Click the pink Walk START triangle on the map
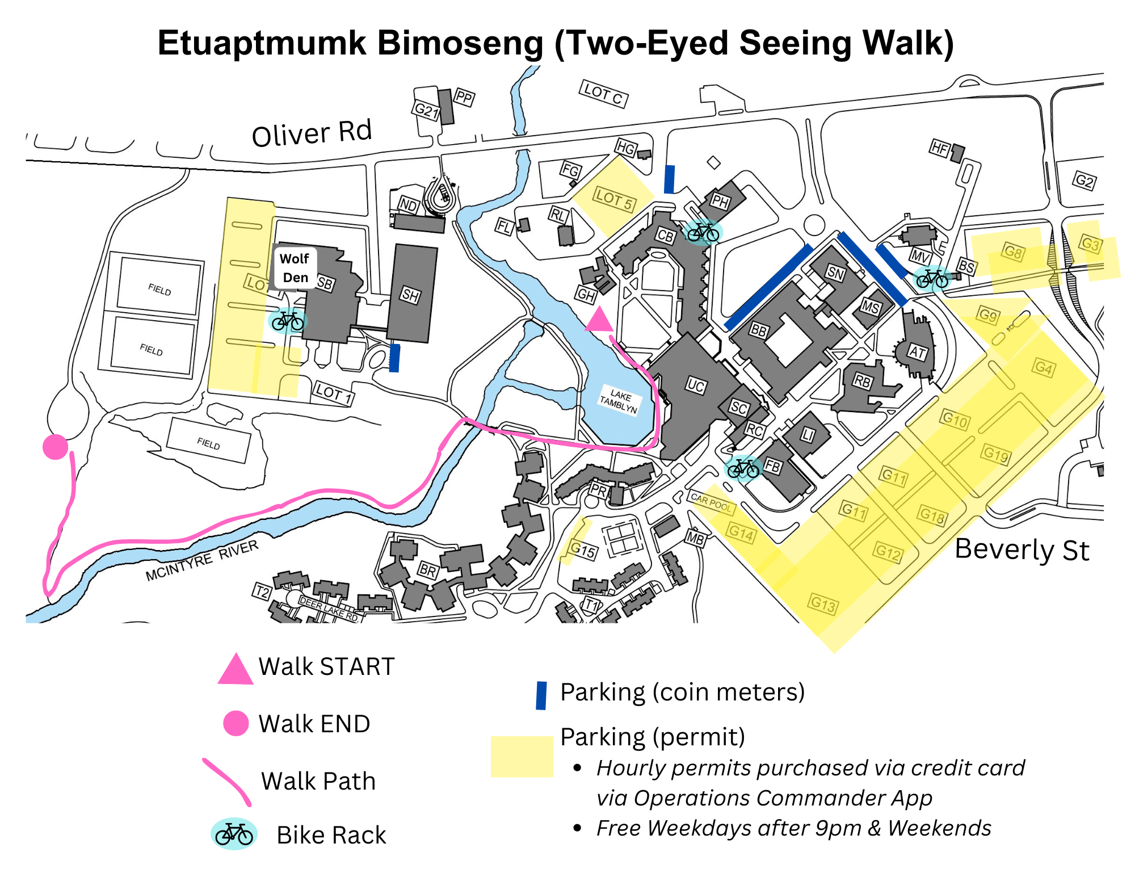coord(599,320)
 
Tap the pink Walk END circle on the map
coord(56,447)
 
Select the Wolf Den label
coord(295,268)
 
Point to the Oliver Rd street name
coord(312,133)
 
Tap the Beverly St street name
coord(1022,549)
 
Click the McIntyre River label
coord(202,560)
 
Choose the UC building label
coord(696,386)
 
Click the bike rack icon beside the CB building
coord(703,232)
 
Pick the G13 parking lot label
coord(823,604)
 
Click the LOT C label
coord(604,94)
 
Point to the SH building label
coord(410,295)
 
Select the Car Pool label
coord(712,502)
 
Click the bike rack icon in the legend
coord(234,834)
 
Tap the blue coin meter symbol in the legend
coord(541,695)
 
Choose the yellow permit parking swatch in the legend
coord(522,757)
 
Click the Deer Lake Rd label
coord(329,609)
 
